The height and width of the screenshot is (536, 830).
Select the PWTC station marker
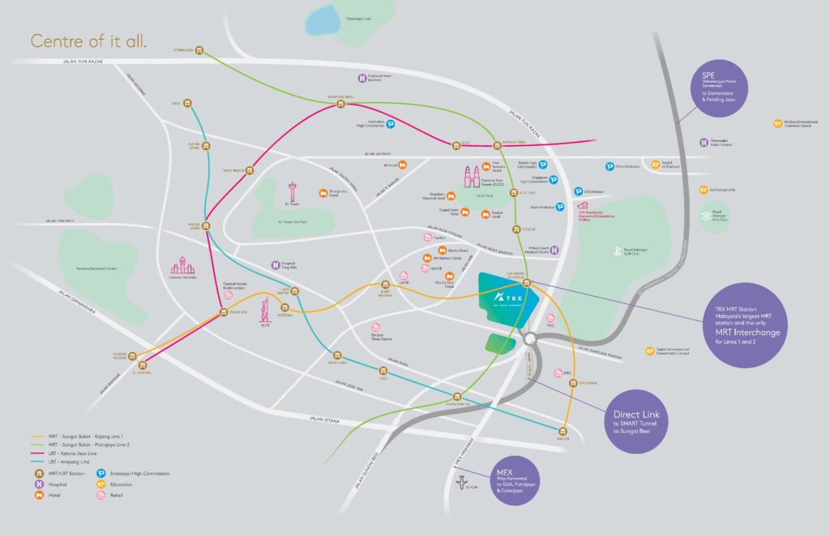pos(187,103)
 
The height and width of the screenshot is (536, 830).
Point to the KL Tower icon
pos(293,193)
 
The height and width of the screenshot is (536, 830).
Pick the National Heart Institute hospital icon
pos(362,79)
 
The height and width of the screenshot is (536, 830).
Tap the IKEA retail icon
pos(558,373)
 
